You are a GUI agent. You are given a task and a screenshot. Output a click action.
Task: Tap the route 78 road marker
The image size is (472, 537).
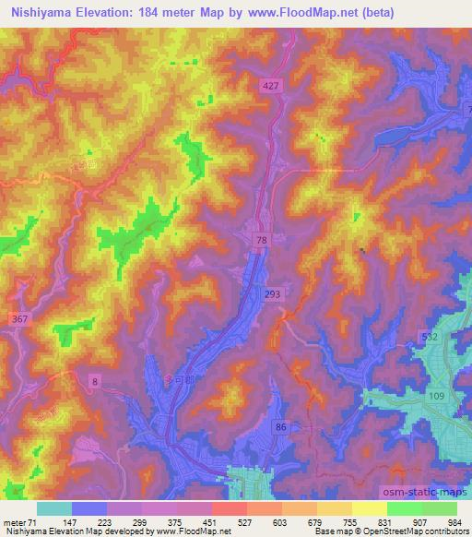261,239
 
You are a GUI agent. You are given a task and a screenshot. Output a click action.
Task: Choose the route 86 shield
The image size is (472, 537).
282,428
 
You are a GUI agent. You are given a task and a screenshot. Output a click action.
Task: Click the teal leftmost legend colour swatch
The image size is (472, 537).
54,508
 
